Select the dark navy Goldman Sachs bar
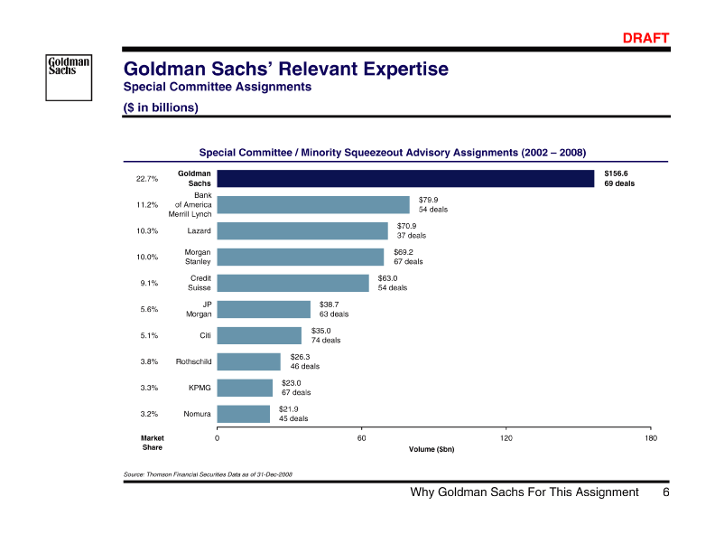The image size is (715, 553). tap(406, 178)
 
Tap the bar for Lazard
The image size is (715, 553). tap(302, 231)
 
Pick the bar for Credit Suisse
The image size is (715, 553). tap(293, 283)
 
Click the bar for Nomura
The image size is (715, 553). tap(244, 414)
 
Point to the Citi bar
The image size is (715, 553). tap(260, 335)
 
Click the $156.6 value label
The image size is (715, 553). tap(616, 173)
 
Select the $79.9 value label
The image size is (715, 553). tap(429, 199)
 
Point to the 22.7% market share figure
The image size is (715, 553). tap(147, 178)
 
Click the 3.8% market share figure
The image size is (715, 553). tap(147, 361)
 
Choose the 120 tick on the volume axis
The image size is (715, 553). tap(506, 438)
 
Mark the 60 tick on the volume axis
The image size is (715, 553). tap(361, 438)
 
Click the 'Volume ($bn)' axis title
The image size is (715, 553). tap(432, 449)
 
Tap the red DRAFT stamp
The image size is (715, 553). tap(646, 38)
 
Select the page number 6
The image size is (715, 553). tap(665, 492)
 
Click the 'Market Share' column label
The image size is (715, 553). tap(153, 443)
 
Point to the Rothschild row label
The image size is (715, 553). tap(193, 361)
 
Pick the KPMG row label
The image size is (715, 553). tap(200, 388)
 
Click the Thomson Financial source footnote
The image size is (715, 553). tap(207, 473)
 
